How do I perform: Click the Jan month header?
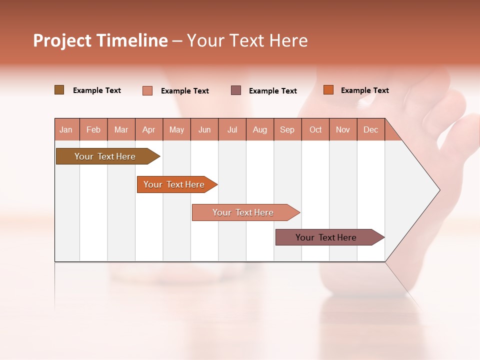[x=66, y=130]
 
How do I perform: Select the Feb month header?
[x=93, y=130]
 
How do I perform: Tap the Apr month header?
[x=149, y=130]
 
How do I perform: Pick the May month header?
[x=176, y=130]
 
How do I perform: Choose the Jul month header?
[x=232, y=130]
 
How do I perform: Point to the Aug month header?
[x=260, y=130]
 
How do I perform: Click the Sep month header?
[x=287, y=130]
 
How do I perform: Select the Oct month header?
[x=315, y=130]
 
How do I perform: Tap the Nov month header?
[x=343, y=130]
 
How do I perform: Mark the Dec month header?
[x=371, y=130]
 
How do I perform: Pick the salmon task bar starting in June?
[x=243, y=212]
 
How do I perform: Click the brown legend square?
[x=59, y=90]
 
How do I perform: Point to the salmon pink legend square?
[x=147, y=90]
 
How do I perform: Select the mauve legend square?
[x=236, y=90]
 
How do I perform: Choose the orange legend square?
[x=328, y=90]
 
